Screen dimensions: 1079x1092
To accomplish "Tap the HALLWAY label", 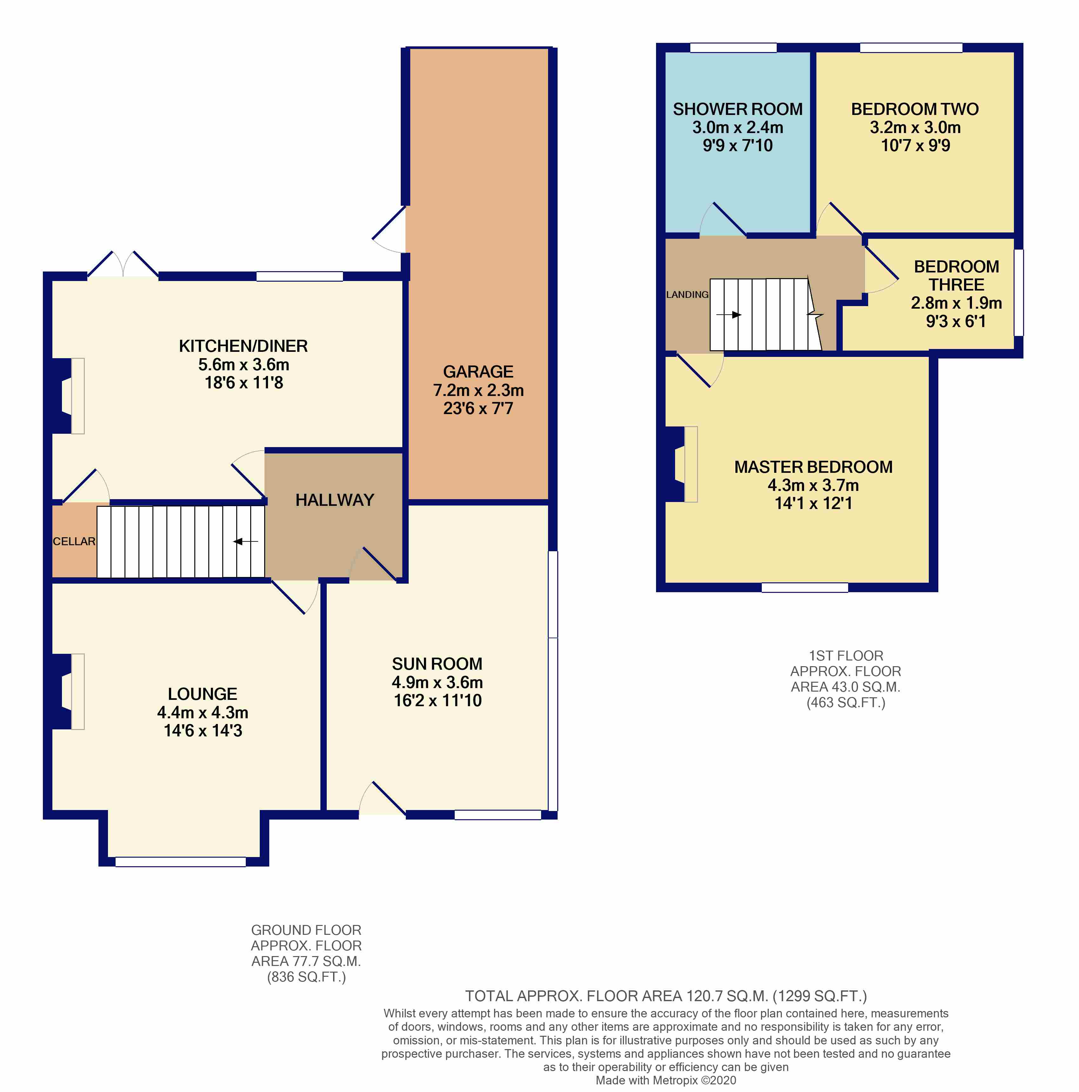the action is tap(335, 500).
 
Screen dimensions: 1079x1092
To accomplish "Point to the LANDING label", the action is tap(687, 294).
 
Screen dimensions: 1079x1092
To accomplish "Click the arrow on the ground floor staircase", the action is tap(246, 541).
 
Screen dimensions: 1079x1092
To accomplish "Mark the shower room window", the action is tap(734, 48).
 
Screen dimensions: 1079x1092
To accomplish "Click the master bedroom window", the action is tap(805, 588).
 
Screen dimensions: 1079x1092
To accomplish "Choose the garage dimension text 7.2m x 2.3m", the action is tap(478, 390).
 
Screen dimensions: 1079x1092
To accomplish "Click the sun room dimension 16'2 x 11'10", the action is tap(438, 700).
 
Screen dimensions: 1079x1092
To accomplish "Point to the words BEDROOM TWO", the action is tap(915, 109).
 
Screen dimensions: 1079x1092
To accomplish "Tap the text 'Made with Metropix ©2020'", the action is tap(666, 1080).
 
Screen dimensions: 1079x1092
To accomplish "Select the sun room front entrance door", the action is tap(382, 798).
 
